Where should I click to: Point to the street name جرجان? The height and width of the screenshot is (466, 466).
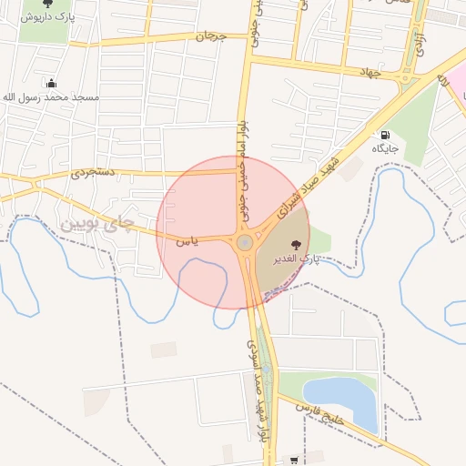209,36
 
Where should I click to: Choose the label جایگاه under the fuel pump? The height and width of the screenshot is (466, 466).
383,147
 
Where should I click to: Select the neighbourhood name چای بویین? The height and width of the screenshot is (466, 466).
97,221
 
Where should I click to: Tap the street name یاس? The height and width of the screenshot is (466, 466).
186,241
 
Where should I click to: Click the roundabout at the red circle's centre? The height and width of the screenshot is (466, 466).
244,243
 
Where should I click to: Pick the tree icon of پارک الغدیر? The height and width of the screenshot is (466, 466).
295,244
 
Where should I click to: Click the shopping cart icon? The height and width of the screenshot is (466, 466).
293,461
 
